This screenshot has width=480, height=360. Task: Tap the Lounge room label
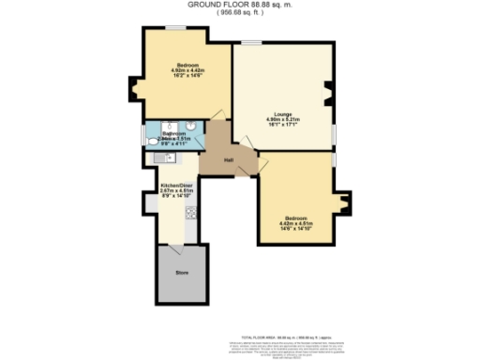[x=283, y=114]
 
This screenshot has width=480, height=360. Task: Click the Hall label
[x=229, y=159]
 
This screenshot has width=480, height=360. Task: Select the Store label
[x=183, y=273]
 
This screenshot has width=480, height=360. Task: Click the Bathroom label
[x=175, y=133]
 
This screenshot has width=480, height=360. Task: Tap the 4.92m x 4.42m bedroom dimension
[x=188, y=71]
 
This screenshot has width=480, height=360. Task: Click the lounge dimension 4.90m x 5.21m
[x=283, y=120]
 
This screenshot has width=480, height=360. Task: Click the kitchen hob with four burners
[x=191, y=212]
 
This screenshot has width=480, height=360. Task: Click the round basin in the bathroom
[x=190, y=127]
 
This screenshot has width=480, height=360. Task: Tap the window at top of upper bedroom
[x=174, y=28]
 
